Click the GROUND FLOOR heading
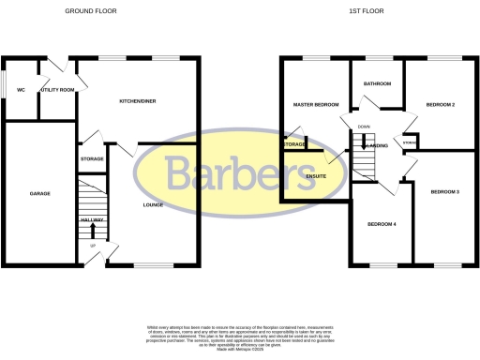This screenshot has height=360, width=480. click(x=91, y=11)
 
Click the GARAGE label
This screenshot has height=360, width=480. click(x=38, y=194)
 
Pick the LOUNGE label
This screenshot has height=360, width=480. click(x=153, y=204)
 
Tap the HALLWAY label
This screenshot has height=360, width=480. click(x=92, y=219)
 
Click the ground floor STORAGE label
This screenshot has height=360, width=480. click(x=92, y=160)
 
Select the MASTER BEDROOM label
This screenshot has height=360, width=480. click(x=315, y=104)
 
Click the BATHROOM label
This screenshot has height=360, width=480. click(x=377, y=84)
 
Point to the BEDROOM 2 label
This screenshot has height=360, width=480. click(x=440, y=104)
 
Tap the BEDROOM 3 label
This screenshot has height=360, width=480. click(x=444, y=192)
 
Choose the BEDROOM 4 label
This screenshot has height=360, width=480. click(x=382, y=224)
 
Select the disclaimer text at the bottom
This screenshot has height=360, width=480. click(x=240, y=334)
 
